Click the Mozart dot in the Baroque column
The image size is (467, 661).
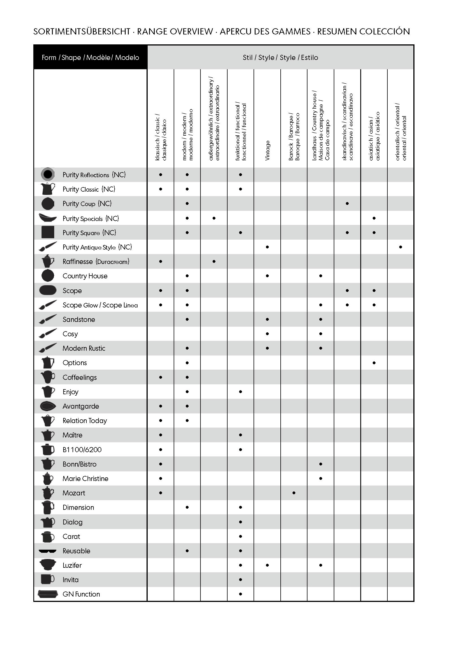point(294,493)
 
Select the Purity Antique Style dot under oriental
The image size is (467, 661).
point(401,247)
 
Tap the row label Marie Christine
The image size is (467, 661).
point(85,478)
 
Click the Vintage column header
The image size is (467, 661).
point(267,150)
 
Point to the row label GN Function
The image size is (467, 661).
point(81,594)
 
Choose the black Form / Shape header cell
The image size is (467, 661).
point(90,57)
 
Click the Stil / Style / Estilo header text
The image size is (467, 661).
point(280,57)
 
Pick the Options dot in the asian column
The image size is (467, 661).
point(374,363)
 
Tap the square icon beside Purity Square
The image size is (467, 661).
point(48,232)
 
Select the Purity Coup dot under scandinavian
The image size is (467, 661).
point(347,203)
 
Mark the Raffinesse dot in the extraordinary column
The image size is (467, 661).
point(214,261)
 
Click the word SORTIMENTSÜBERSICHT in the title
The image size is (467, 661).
point(82,31)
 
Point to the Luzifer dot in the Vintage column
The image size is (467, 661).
point(267,565)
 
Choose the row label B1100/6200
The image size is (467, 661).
point(82,450)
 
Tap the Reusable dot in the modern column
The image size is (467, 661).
point(187,551)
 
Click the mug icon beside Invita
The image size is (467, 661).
point(48,579)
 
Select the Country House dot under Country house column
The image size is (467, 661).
point(321,276)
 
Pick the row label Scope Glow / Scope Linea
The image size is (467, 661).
point(100,305)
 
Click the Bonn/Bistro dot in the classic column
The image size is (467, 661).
point(160,464)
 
